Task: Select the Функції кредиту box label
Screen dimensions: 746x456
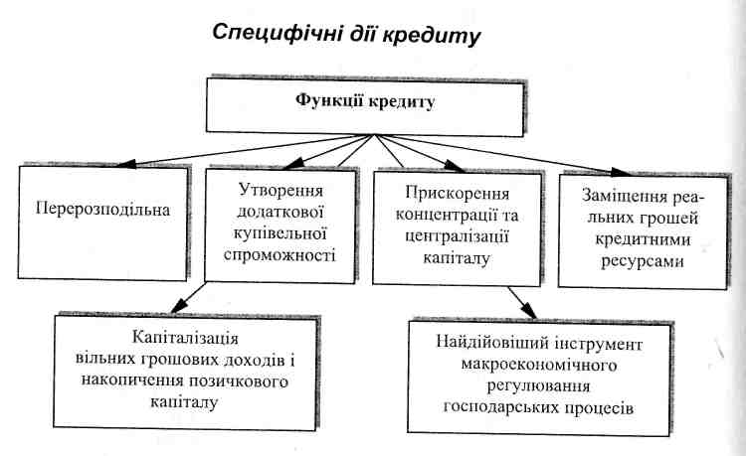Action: (365, 102)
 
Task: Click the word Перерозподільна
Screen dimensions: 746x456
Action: (102, 210)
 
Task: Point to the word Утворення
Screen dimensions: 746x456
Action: (280, 191)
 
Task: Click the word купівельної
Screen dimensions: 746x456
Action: (280, 234)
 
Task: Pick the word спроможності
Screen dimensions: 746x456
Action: (280, 256)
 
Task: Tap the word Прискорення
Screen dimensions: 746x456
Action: (457, 194)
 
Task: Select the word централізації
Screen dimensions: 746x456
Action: (457, 237)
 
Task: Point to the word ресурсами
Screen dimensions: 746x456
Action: (643, 261)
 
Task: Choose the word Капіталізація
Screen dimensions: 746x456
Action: (185, 338)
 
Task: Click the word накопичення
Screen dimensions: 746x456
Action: (131, 381)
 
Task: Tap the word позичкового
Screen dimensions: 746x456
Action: (239, 381)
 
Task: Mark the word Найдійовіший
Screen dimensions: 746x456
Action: (498, 343)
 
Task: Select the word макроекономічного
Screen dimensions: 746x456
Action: (539, 366)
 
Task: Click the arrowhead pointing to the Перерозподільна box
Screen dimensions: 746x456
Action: (126, 164)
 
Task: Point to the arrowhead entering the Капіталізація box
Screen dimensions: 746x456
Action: (179, 305)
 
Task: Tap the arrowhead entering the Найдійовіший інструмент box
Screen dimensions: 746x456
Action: (528, 311)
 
